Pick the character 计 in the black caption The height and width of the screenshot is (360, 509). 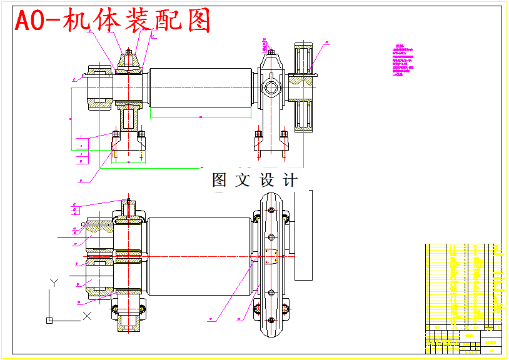(x=290, y=181)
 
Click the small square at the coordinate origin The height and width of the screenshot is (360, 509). (x=49, y=321)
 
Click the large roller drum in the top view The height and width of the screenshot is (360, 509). (x=199, y=87)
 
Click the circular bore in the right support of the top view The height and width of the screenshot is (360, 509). (x=271, y=87)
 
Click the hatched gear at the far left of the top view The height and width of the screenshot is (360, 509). (x=99, y=87)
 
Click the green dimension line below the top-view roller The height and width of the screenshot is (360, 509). (x=200, y=117)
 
